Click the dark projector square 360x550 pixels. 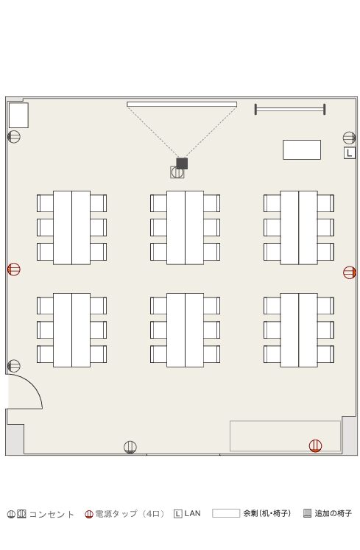(x=182, y=163)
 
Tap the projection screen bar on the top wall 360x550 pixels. (x=182, y=104)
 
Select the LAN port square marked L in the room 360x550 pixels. (x=350, y=153)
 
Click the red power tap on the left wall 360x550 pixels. (x=14, y=269)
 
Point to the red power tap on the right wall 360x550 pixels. (x=350, y=272)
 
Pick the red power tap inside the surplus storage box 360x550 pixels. (x=315, y=445)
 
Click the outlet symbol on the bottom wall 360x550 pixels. (x=130, y=447)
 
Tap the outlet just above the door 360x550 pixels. (x=14, y=366)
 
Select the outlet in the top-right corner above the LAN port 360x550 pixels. (x=350, y=138)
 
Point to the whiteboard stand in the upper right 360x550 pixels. (x=290, y=110)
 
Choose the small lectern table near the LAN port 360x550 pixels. (x=302, y=149)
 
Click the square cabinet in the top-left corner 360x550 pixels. (x=18, y=116)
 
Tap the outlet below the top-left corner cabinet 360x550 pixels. (x=14, y=136)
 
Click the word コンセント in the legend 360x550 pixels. (x=52, y=515)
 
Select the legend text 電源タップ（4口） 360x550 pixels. (x=130, y=514)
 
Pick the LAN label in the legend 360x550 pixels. (x=193, y=513)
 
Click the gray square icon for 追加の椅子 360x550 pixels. (x=308, y=513)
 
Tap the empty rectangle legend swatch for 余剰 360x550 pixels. (x=226, y=513)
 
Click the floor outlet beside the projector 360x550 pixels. (x=177, y=172)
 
